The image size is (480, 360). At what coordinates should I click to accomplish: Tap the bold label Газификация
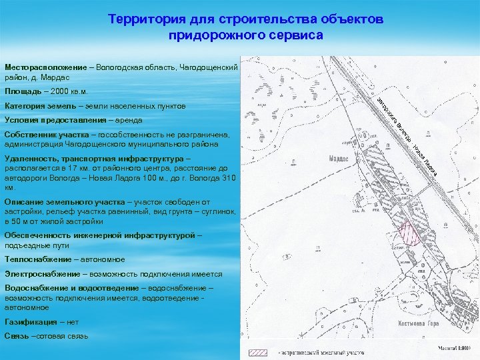coord(31,321)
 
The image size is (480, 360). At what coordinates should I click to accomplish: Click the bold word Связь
coord(17,336)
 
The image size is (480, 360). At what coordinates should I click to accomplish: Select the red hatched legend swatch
coord(258,351)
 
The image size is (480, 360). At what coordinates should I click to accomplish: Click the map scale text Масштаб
coord(449,348)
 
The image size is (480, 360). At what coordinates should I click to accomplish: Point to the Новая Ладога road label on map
coord(425,159)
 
